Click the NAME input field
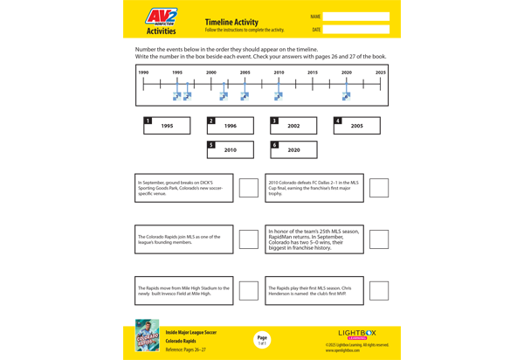tap(355, 17)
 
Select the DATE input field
tap(355, 30)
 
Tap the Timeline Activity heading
tap(231, 22)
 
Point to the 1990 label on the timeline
tap(143, 73)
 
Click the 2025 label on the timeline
tap(380, 73)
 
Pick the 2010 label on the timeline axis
tap(279, 73)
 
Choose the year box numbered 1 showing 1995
tap(167, 126)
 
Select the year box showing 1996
tap(231, 126)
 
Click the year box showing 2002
tap(293, 126)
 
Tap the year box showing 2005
tap(357, 126)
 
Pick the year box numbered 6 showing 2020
tap(293, 149)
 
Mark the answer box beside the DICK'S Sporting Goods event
tap(249, 188)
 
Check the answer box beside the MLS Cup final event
tap(379, 188)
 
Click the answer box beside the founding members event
tap(249, 239)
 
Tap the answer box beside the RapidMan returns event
tap(379, 239)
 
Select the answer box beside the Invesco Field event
tap(249, 291)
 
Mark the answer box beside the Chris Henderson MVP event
tap(379, 291)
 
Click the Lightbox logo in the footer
tap(357, 334)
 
